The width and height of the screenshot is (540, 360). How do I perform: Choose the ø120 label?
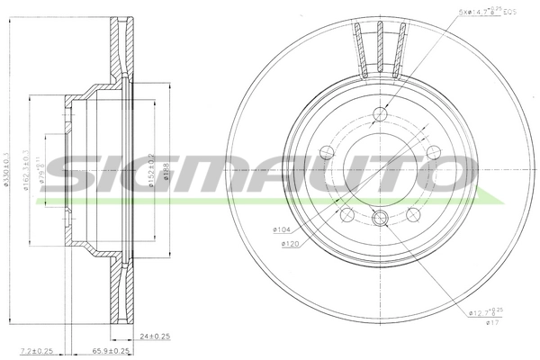[x=289, y=244]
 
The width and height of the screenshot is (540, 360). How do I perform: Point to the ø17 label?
[x=490, y=324]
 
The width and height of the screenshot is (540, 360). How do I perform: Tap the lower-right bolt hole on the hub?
[x=414, y=214]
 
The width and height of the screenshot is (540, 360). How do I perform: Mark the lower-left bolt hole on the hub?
[x=344, y=214]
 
